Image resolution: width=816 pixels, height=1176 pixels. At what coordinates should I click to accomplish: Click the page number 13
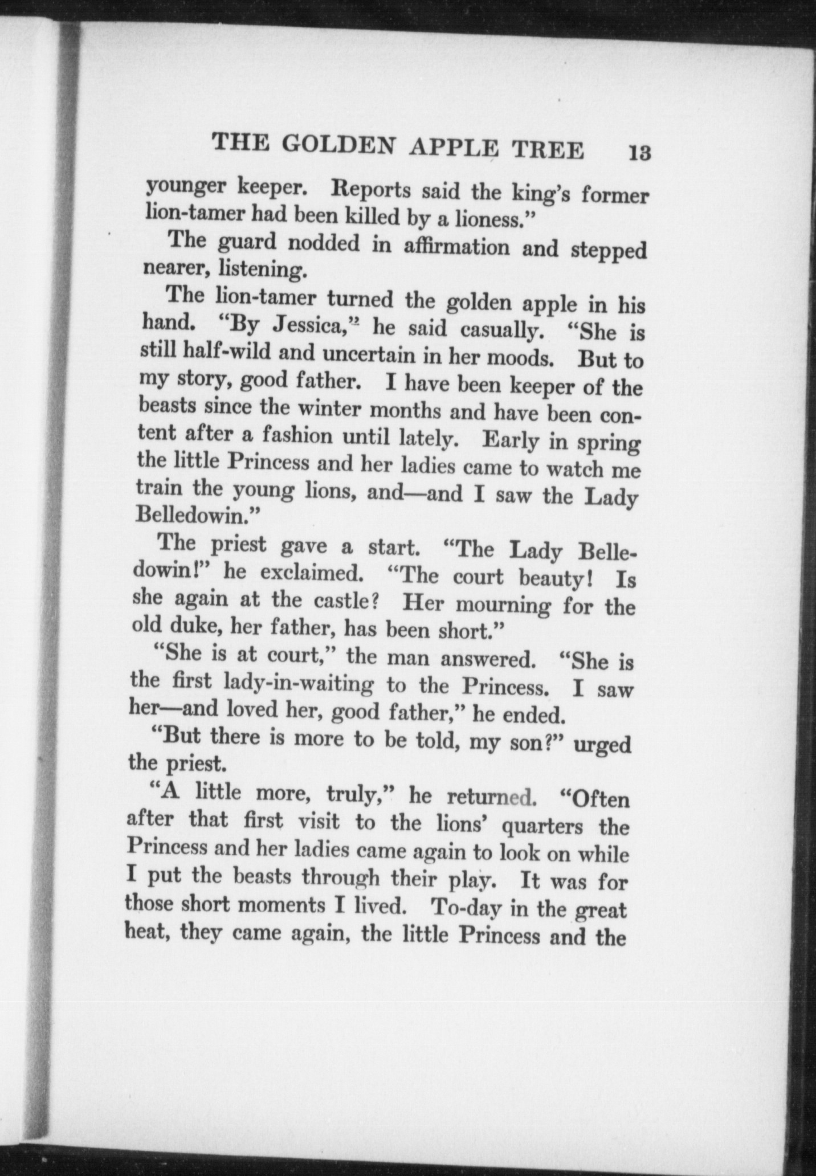(639, 154)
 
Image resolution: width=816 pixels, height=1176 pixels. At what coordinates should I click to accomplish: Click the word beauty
(558, 578)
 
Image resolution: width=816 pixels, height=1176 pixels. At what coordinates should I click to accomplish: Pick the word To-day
(462, 907)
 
